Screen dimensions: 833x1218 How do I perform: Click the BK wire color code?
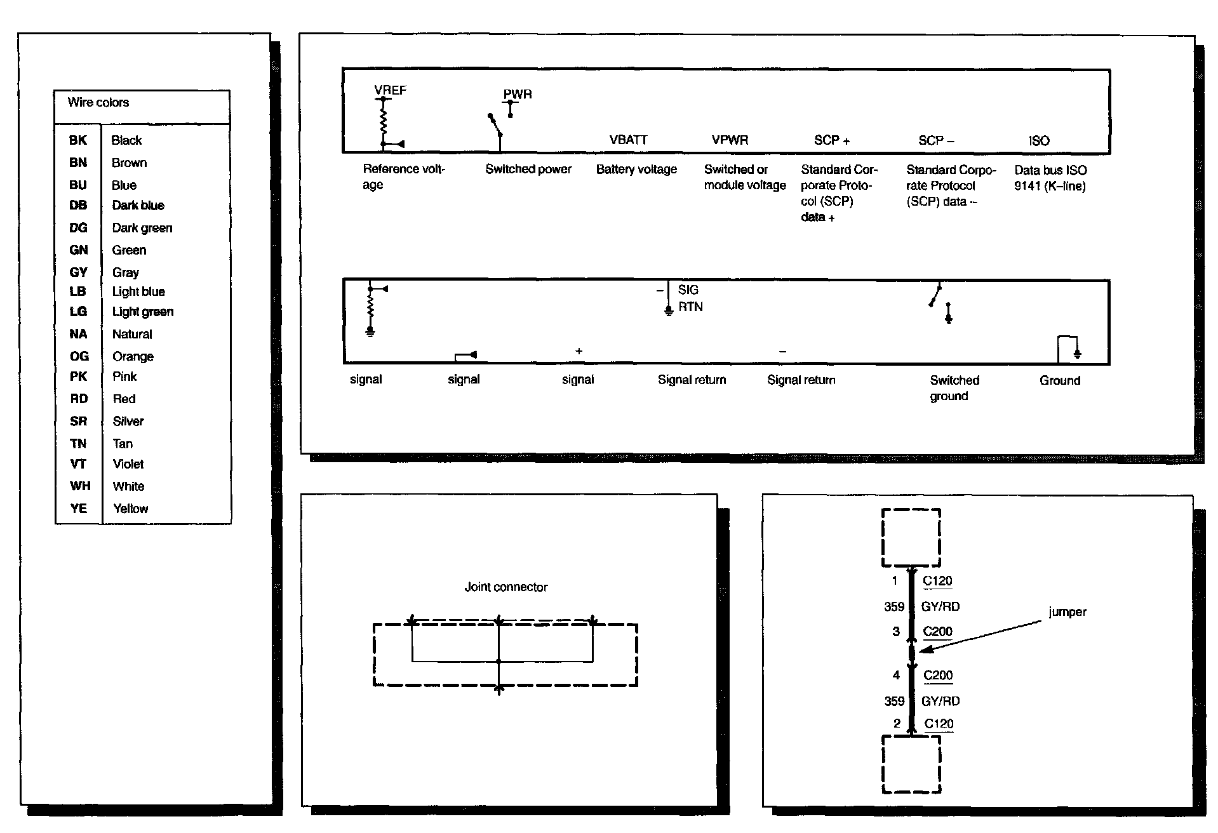[77, 140]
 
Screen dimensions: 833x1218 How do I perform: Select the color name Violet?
[128, 464]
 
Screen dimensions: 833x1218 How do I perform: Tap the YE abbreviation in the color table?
[79, 509]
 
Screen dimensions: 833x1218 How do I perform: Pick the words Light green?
[143, 312]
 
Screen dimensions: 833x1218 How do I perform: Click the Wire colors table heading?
[98, 102]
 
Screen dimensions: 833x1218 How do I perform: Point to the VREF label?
[390, 90]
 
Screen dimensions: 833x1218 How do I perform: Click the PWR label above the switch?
[518, 94]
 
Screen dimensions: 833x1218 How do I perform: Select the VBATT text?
[628, 140]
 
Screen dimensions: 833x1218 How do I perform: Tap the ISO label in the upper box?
[1039, 141]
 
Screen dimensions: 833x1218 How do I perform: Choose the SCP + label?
[831, 140]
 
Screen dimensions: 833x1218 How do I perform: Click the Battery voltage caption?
[636, 170]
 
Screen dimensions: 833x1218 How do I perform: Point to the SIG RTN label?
[690, 298]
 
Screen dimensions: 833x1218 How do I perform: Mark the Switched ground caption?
[954, 388]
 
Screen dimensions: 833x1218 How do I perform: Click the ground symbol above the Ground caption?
[1077, 352]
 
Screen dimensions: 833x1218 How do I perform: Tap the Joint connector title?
[506, 587]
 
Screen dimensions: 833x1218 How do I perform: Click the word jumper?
[1067, 612]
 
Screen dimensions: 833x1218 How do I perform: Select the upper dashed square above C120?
[911, 537]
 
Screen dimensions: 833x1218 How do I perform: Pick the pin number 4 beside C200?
[896, 676]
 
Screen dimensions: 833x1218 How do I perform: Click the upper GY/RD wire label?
[940, 607]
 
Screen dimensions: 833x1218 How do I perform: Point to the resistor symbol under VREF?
[384, 122]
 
